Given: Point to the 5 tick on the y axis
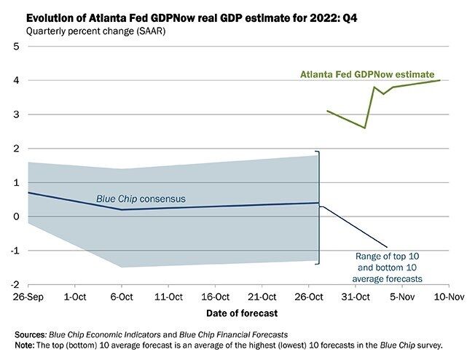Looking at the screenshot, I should click(16, 47).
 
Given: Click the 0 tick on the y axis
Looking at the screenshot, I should click(16, 216).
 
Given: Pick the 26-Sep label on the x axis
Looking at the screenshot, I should click(28, 297).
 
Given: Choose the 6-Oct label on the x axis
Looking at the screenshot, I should click(121, 297).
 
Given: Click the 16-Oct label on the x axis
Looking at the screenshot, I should click(215, 297).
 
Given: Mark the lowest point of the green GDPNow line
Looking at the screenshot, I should click(365, 128).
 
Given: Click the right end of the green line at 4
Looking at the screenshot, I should click(440, 80).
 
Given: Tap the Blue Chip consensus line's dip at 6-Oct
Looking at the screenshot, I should click(121, 210).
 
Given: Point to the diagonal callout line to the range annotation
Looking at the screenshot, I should click(355, 226).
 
